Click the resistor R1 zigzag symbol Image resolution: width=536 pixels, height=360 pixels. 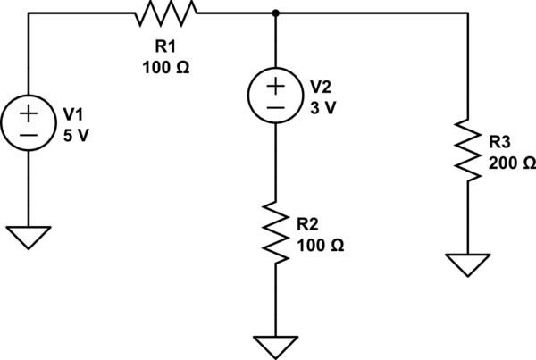point(164,13)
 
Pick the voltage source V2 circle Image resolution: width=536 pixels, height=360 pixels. point(275,96)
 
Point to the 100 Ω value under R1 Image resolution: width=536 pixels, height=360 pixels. point(164,66)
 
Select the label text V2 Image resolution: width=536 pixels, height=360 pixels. point(320,87)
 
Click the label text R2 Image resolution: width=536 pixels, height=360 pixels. point(307,222)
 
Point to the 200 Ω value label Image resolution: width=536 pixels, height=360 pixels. point(513,163)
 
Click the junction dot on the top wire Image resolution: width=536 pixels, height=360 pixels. point(275,13)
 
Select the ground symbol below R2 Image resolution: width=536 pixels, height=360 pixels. point(275,346)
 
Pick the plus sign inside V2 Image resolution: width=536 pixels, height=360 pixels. point(275,86)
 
